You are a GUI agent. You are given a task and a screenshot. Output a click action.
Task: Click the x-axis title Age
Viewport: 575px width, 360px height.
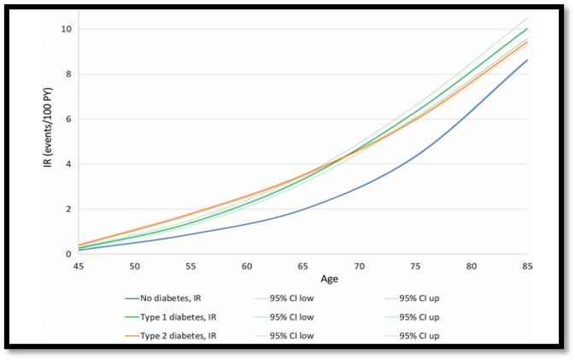tap(329, 280)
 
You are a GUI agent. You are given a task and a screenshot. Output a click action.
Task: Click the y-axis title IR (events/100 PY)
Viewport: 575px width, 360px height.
tap(48, 127)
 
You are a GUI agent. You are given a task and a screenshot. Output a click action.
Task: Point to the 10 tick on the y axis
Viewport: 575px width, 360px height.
tap(66, 29)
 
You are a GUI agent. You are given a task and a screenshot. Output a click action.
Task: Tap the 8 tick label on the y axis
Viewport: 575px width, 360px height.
tap(68, 74)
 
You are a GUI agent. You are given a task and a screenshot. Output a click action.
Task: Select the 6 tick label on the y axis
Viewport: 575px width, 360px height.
tap(68, 119)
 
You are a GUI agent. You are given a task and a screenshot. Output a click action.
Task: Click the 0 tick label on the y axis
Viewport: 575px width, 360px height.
tap(68, 254)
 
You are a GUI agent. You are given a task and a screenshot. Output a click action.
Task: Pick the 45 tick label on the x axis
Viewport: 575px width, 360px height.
tap(79, 266)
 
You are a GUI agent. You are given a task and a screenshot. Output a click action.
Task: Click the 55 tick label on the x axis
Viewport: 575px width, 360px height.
tap(191, 266)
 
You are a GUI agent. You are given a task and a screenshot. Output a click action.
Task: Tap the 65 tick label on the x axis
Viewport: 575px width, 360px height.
tap(303, 266)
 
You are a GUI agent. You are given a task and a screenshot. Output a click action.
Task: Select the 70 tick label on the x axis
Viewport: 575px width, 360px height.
tap(359, 266)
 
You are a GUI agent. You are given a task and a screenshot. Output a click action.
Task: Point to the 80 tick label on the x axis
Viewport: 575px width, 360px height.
tap(472, 266)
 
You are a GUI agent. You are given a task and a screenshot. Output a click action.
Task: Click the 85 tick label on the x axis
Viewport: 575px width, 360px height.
tap(527, 266)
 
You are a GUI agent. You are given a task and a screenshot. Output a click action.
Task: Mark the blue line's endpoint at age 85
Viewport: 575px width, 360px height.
tap(527, 60)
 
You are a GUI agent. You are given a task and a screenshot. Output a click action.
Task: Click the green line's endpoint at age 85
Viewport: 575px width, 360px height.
tap(527, 28)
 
